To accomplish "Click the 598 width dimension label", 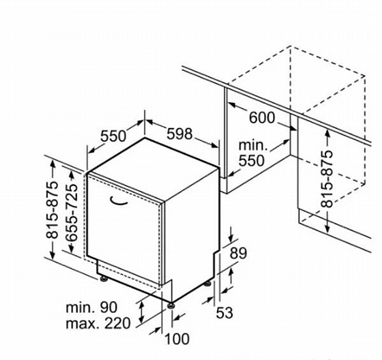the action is [179, 134].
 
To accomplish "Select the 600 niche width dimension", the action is [262, 118].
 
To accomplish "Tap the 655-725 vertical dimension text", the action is [72, 212].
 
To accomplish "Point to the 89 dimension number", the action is [238, 253].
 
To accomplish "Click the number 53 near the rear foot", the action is [224, 313].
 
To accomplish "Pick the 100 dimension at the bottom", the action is [177, 339].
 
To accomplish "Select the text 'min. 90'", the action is [91, 307].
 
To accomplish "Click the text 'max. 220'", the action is [98, 323].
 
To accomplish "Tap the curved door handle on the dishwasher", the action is [119, 200].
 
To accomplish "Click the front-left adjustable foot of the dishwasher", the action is [104, 278].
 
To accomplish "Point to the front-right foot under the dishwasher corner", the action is [171, 305].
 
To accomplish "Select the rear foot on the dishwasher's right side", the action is [208, 284].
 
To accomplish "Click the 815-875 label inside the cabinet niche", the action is [327, 179].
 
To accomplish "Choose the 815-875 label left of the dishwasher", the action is [52, 210].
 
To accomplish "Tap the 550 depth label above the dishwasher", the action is [113, 136].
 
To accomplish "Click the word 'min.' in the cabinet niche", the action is [253, 145].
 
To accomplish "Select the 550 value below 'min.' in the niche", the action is [252, 160].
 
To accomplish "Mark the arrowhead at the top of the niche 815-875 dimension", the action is [327, 134].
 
